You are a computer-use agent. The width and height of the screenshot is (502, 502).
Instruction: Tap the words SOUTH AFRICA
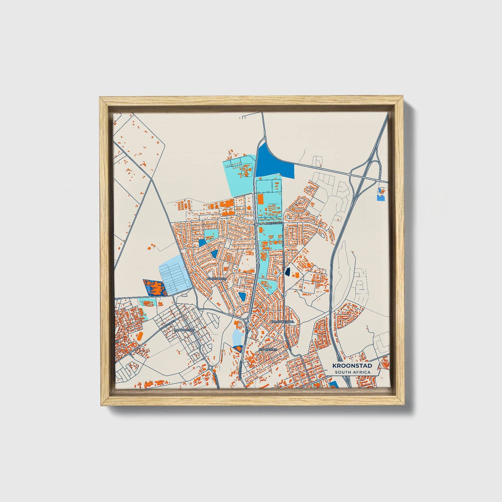coord(353,372)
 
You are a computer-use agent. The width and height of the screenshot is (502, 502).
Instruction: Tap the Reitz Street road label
coord(273,225)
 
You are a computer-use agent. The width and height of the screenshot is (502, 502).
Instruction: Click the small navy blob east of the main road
coord(287,272)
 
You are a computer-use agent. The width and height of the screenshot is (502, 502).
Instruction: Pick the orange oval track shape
coord(140,336)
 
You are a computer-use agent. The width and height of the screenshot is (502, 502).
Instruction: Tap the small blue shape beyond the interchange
coord(381,195)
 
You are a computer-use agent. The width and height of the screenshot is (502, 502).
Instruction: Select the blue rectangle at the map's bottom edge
coord(333,384)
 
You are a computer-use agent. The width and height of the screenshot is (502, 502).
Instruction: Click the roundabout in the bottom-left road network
coord(210,367)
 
